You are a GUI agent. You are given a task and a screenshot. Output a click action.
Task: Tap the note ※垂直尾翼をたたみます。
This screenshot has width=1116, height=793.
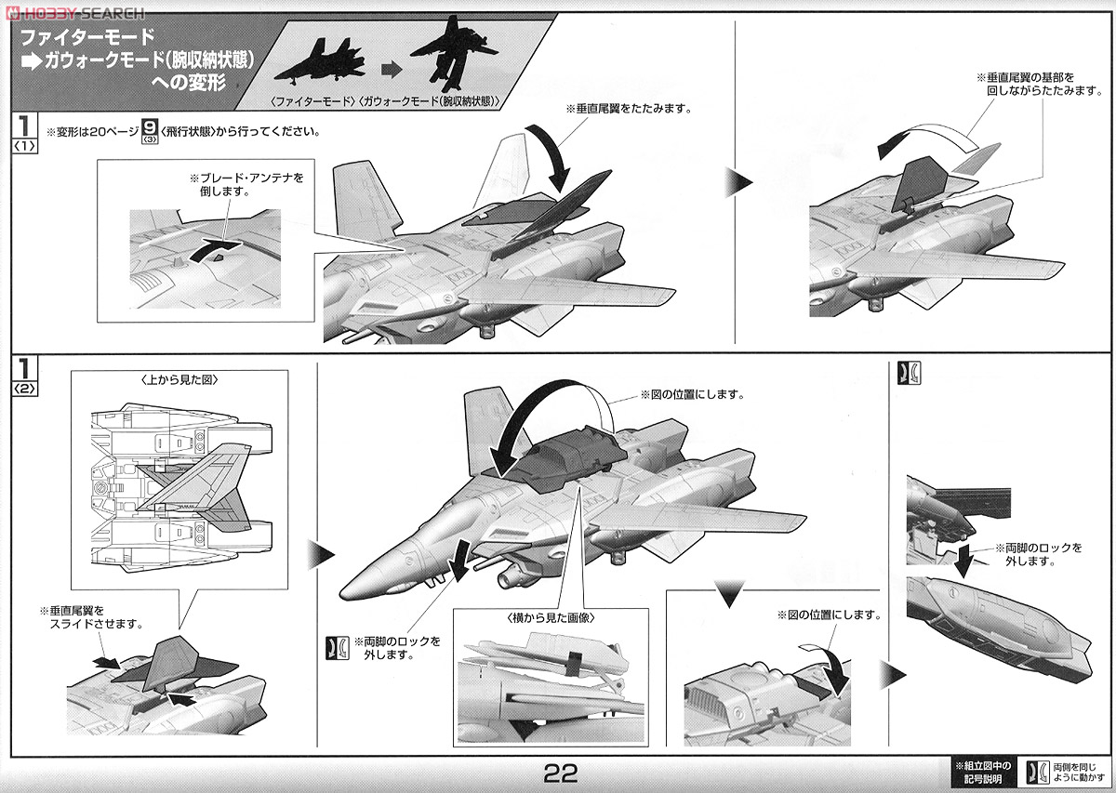click(x=629, y=108)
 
